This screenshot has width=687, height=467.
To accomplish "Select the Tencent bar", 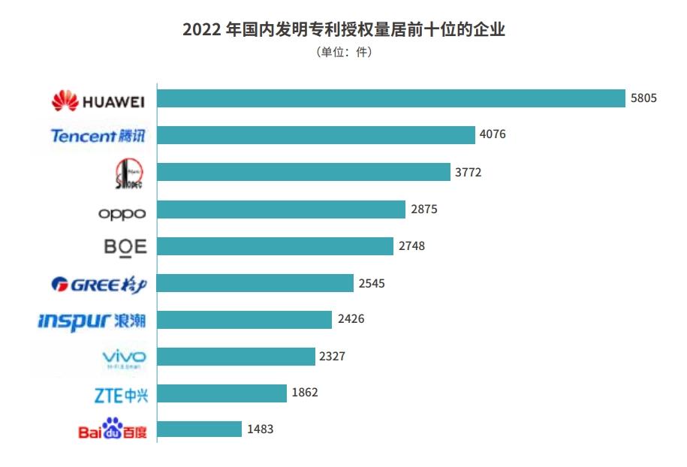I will coord(316,135).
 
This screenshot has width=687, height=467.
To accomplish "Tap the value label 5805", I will coord(643,98).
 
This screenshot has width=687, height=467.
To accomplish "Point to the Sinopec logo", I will coord(129,173).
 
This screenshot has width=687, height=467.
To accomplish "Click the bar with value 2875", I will coord(282,209).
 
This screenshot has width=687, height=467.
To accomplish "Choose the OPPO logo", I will coord(122,213).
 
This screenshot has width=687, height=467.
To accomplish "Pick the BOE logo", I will coord(125,247).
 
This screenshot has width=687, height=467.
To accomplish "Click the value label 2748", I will coord(411,246).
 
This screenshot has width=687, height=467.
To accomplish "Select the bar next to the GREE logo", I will coord(255,282).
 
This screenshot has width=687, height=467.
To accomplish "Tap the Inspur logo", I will coord(92,321).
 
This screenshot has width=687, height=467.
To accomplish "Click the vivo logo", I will coord(124,357).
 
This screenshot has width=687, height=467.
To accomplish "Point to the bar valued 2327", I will coord(236,356).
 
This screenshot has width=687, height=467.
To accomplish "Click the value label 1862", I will coord(305,393).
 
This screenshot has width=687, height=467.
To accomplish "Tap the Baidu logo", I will coord(112,429).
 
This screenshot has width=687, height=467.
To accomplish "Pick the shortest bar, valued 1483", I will coord(200,429).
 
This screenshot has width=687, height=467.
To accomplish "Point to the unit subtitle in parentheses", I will coord(343,53).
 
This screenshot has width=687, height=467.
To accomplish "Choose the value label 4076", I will coord(493,135).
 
